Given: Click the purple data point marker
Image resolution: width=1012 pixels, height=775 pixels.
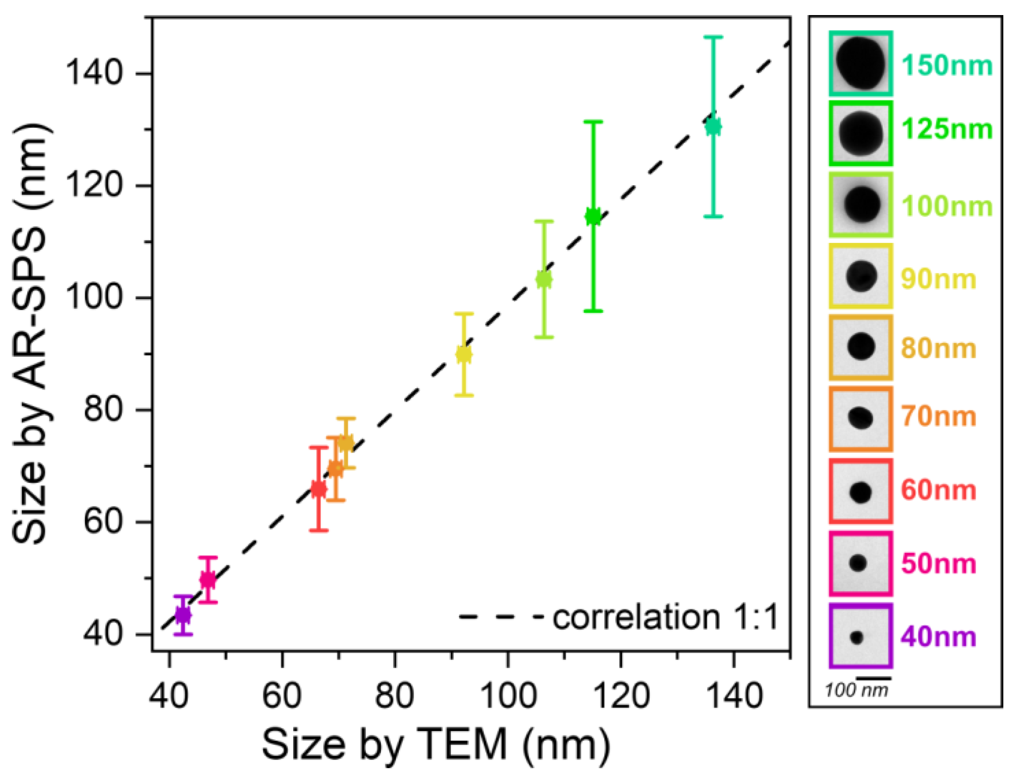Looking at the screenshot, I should pyautogui.click(x=183, y=615).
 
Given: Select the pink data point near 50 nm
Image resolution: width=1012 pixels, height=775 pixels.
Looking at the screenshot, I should pyautogui.click(x=208, y=580).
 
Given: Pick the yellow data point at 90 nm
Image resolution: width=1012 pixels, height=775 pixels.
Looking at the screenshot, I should pyautogui.click(x=464, y=354).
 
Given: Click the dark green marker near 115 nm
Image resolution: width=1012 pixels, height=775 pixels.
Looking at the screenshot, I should pyautogui.click(x=593, y=216).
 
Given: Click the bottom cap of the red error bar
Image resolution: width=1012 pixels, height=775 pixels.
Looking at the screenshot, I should pyautogui.click(x=318, y=531).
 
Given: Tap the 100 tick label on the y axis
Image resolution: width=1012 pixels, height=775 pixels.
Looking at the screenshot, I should pyautogui.click(x=95, y=298).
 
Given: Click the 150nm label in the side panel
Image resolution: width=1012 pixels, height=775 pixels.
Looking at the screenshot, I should pyautogui.click(x=947, y=65).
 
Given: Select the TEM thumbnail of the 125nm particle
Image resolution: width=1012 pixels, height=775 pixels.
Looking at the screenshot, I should pyautogui.click(x=861, y=133).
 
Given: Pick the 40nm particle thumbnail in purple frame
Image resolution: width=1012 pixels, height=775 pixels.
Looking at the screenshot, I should pyautogui.click(x=861, y=637).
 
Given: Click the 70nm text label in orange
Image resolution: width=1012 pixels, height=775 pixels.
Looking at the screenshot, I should pyautogui.click(x=938, y=416).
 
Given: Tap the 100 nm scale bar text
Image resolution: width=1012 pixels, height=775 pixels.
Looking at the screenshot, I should pyautogui.click(x=856, y=691).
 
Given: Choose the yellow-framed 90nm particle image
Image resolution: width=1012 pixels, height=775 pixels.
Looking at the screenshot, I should pyautogui.click(x=861, y=276).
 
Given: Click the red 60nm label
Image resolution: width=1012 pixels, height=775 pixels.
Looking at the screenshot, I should pyautogui.click(x=938, y=490).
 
